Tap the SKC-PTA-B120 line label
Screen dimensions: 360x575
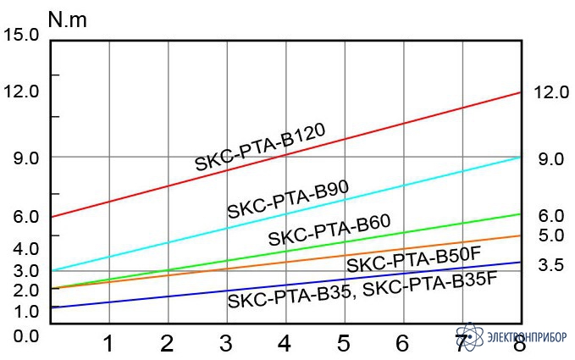tap(261, 147)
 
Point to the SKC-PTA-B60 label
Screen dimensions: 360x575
tap(329, 230)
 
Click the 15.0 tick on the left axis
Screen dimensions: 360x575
tap(21, 36)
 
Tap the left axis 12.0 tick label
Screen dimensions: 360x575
tap(21, 91)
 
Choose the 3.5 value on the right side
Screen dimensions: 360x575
tap(550, 265)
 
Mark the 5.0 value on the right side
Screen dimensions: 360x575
tap(550, 235)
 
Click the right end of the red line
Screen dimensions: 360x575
tap(518, 93)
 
